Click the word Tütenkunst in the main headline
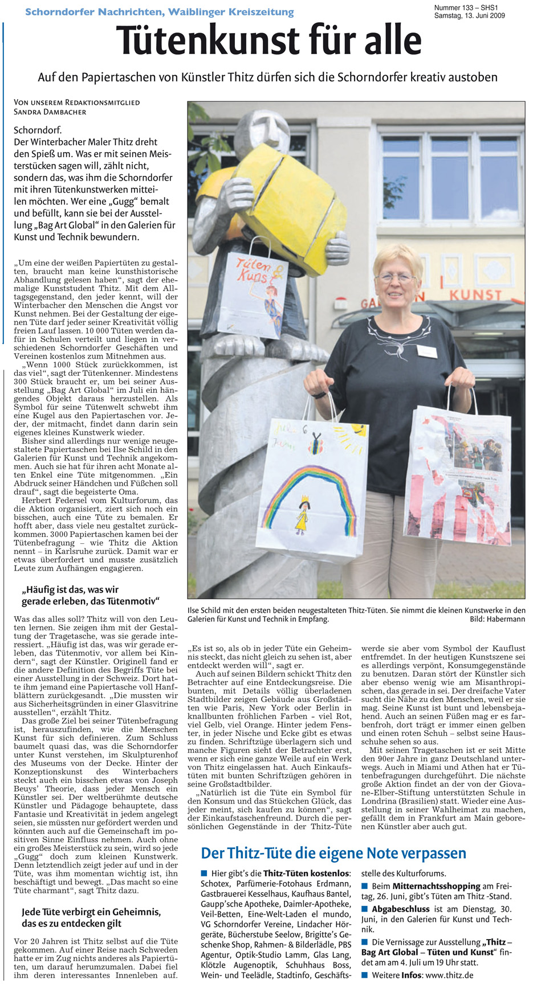coord(208,41)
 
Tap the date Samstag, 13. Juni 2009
coord(469,15)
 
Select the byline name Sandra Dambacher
coord(50,112)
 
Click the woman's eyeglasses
coord(396,277)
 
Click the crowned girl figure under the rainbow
coord(302,514)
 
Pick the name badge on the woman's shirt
coord(426,351)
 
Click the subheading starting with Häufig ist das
coord(90,596)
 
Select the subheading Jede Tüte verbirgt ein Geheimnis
coord(91,917)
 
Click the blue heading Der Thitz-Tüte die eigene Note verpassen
coord(333,853)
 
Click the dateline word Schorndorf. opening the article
coord(38,130)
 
